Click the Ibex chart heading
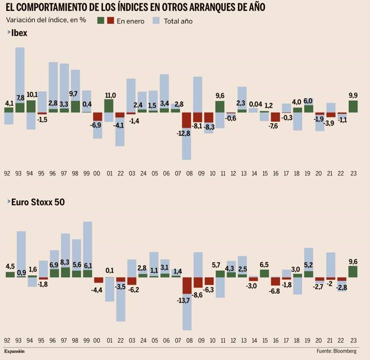[19, 33]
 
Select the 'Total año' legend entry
[178, 21]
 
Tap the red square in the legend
[110, 21]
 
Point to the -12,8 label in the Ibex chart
[183, 134]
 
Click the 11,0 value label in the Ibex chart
[110, 95]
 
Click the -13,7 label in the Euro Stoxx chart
[183, 300]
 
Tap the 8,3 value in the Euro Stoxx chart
[65, 262]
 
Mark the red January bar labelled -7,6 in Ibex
[275, 117]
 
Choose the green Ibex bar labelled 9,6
[220, 106]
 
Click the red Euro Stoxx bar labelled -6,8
[275, 281]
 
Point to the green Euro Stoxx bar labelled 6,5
[264, 273]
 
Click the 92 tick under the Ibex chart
[8, 174]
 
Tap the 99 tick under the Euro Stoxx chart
[87, 340]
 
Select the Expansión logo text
[14, 352]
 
